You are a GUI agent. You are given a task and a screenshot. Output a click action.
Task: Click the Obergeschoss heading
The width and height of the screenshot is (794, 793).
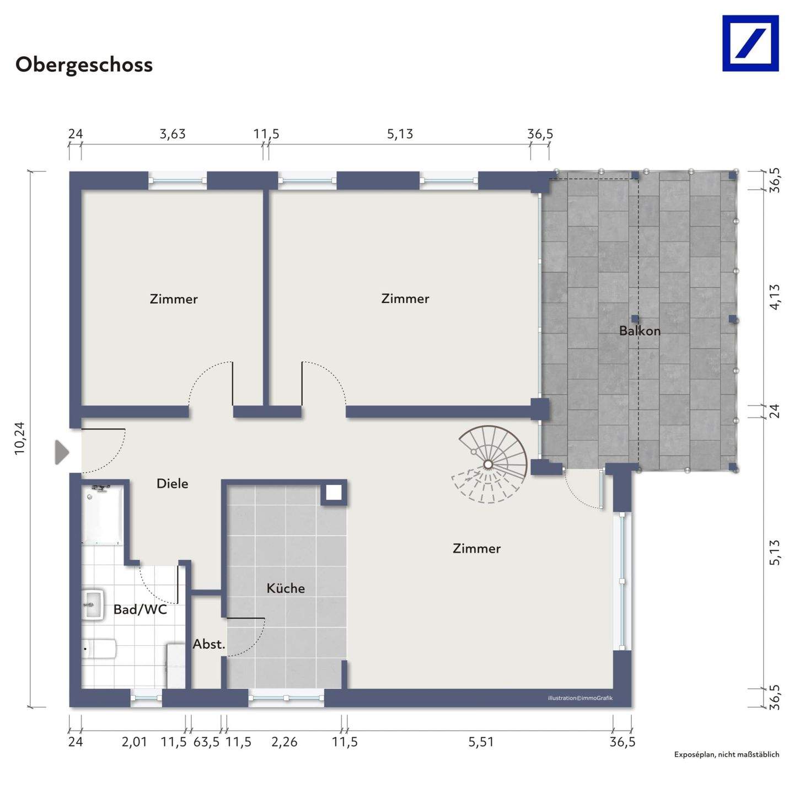84,65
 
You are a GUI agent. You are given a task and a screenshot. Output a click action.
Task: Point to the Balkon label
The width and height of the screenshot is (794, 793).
640,330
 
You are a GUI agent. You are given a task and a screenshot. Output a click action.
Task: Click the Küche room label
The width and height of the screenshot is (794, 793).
286,588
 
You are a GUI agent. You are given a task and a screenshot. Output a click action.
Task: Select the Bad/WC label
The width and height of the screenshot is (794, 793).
140,609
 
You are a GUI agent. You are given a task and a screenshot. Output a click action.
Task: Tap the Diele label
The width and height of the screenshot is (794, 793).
172,484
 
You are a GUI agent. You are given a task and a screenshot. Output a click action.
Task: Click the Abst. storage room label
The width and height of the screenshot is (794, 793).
209,644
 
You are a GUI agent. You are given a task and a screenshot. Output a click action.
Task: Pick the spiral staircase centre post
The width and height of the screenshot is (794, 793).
489,464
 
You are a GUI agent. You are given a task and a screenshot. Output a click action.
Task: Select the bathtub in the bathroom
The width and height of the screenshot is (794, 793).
102,515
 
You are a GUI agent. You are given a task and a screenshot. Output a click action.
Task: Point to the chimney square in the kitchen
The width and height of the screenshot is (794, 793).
334,492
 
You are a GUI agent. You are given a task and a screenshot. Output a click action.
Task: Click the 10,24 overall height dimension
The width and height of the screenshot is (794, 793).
20,438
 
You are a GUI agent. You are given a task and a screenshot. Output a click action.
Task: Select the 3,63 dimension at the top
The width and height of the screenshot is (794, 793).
172,134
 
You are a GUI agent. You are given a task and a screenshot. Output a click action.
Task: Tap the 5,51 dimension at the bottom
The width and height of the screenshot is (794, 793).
480,742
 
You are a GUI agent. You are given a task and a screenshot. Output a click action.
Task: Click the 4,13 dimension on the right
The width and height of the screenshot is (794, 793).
775,297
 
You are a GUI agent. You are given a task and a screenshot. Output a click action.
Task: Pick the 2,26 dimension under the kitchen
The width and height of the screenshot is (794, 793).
284,742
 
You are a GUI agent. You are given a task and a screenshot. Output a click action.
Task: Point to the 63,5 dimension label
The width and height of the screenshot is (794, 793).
206,742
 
